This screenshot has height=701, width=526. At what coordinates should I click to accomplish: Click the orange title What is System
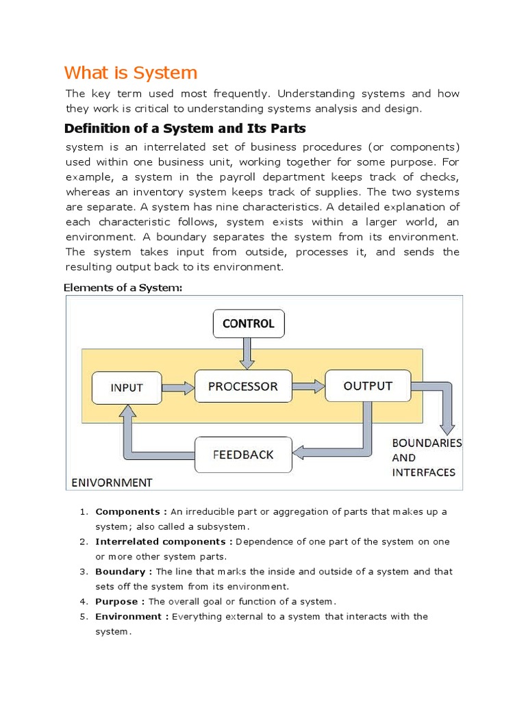pyautogui.click(x=131, y=73)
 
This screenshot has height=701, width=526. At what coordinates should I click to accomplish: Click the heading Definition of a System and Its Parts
pyautogui.click(x=184, y=128)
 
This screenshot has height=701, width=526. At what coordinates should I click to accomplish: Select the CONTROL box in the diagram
pyautogui.click(x=248, y=324)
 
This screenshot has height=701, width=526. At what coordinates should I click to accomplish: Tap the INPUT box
pyautogui.click(x=127, y=387)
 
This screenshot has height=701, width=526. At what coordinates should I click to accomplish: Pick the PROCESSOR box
pyautogui.click(x=243, y=386)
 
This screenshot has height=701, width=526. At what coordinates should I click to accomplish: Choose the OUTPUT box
pyautogui.click(x=368, y=385)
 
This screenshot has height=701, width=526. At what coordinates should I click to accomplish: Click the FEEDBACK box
pyautogui.click(x=243, y=455)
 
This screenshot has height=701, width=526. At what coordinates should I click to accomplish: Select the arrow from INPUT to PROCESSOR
pyautogui.click(x=178, y=387)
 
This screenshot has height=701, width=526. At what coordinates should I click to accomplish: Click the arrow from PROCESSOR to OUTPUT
pyautogui.click(x=308, y=386)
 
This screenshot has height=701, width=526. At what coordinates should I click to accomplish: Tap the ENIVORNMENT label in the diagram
pyautogui.click(x=112, y=483)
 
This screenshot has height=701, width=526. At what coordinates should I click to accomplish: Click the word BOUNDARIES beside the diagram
pyautogui.click(x=427, y=443)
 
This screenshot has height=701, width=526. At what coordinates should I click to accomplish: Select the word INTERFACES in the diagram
pyautogui.click(x=423, y=472)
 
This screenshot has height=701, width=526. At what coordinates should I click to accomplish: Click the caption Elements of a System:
pyautogui.click(x=123, y=288)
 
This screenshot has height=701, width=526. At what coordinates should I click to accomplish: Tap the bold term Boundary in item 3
pyautogui.click(x=120, y=572)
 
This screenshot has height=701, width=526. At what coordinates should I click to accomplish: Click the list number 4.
pyautogui.click(x=82, y=602)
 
